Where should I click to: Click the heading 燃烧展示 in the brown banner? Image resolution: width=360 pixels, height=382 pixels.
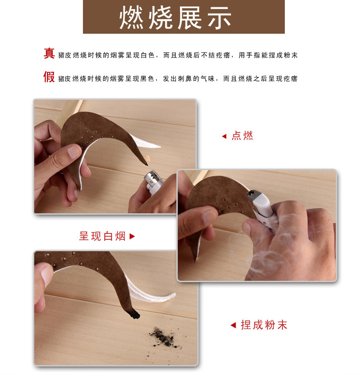(175, 17)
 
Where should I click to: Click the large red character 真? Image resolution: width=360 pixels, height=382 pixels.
(49, 53)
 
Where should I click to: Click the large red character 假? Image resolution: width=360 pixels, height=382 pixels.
(49, 77)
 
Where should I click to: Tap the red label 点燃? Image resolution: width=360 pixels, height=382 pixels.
(242, 136)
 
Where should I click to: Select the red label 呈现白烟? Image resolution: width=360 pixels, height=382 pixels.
(102, 236)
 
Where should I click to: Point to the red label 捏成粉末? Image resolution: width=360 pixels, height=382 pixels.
(264, 325)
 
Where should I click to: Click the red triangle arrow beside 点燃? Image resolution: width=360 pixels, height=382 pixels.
(224, 136)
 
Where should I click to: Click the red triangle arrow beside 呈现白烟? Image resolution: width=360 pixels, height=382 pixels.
(132, 236)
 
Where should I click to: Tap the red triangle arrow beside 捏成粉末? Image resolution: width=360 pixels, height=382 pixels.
(233, 325)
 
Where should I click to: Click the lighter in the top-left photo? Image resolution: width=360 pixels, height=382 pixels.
(154, 182)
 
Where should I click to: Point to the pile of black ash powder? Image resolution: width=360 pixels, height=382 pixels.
(164, 337)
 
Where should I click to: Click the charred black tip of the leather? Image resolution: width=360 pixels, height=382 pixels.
(134, 314)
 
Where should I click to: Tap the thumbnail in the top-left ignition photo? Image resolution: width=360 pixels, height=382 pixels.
(74, 151)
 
